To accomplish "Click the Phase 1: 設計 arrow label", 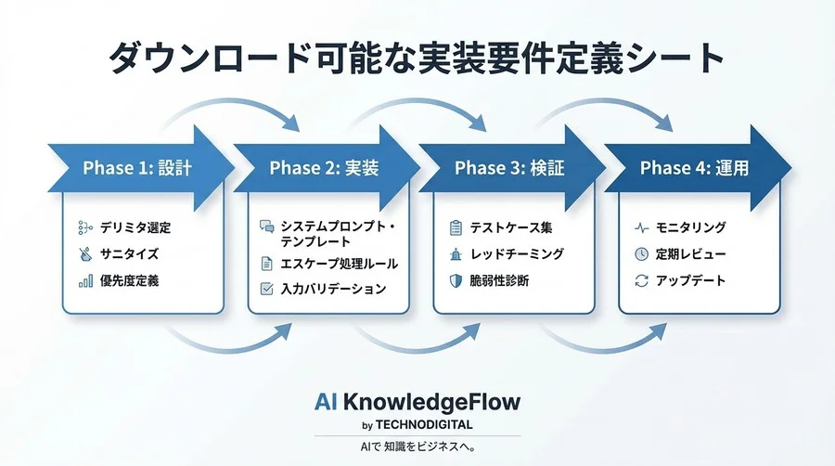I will pyautogui.click(x=136, y=168).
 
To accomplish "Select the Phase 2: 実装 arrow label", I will pyautogui.click(x=323, y=168).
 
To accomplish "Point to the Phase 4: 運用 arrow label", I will pyautogui.click(x=694, y=168).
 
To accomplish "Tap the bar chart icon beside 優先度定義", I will pyautogui.click(x=85, y=280).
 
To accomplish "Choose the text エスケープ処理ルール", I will pyautogui.click(x=340, y=264).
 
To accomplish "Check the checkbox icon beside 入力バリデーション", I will pyautogui.click(x=267, y=290).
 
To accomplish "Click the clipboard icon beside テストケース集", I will pyautogui.click(x=456, y=227).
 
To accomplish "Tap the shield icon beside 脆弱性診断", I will pyautogui.click(x=456, y=280).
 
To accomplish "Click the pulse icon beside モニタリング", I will pyautogui.click(x=641, y=227).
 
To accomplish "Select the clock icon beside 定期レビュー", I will pyautogui.click(x=641, y=253).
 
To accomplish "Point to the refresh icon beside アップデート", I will pyautogui.click(x=641, y=280).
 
